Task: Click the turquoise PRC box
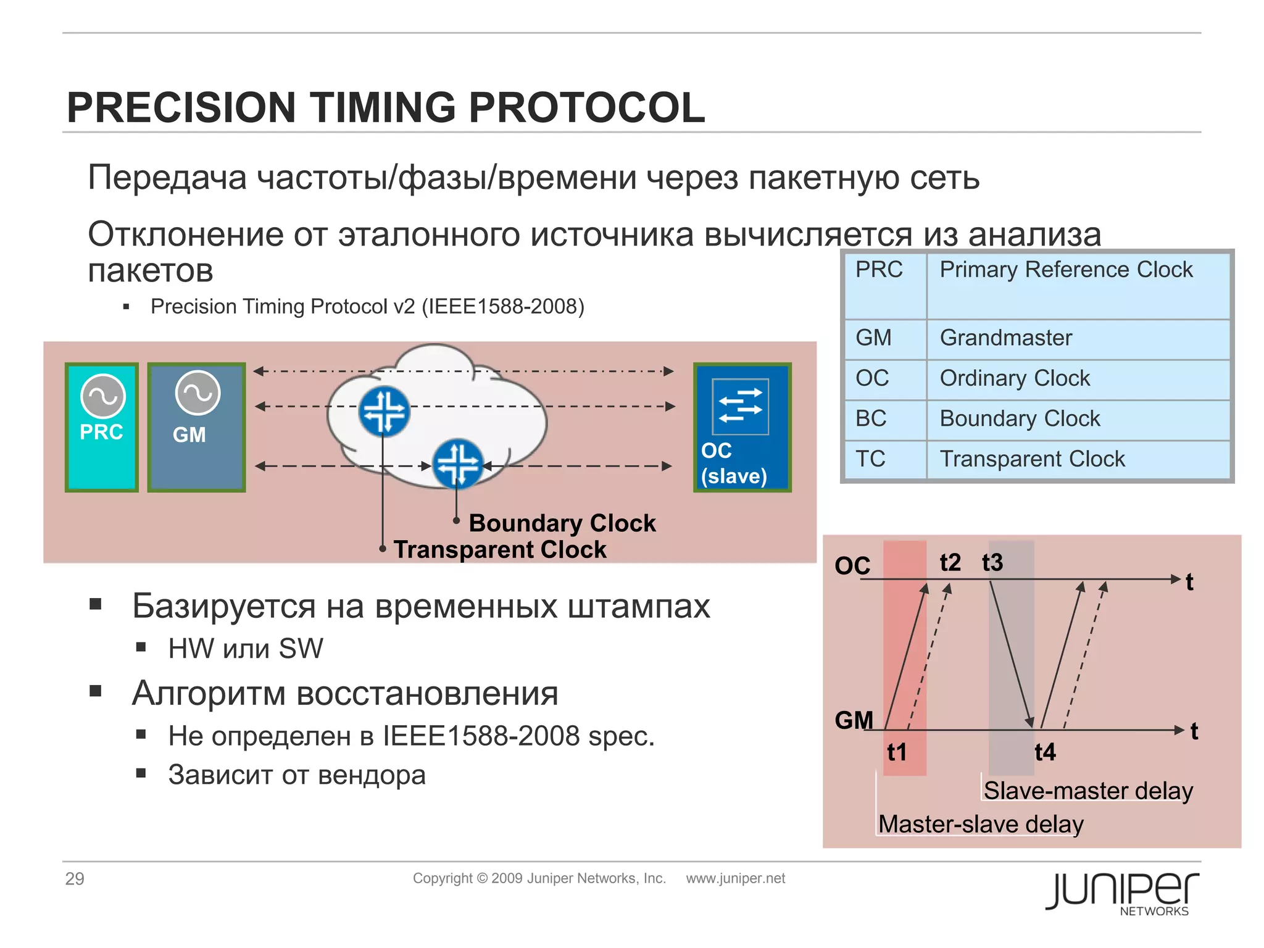point(102,427)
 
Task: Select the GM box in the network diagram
point(197,427)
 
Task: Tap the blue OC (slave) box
point(742,427)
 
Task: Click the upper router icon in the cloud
point(384,411)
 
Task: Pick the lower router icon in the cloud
point(457,463)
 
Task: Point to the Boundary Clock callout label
point(562,523)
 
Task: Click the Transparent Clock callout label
point(500,549)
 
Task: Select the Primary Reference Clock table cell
point(1066,270)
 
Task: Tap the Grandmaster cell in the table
point(1006,338)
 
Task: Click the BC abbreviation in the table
point(871,418)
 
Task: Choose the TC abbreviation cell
point(870,459)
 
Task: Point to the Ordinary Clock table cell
point(1015,378)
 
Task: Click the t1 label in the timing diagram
point(897,752)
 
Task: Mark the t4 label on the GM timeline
point(1045,752)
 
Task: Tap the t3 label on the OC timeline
point(992,562)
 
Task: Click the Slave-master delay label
point(1088,791)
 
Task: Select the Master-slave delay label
point(981,824)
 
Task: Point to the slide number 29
point(75,878)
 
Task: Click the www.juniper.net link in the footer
point(735,878)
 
